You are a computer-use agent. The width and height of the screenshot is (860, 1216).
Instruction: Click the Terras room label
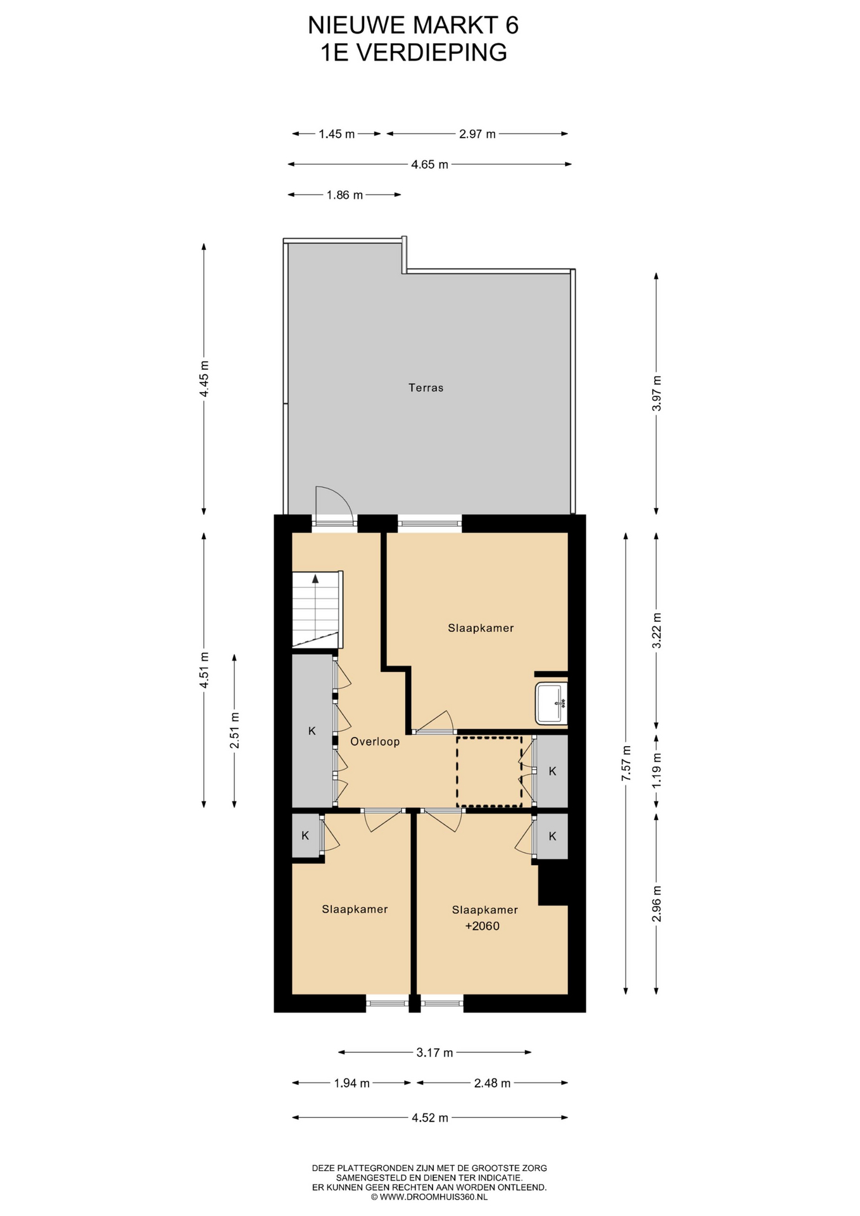[426, 388]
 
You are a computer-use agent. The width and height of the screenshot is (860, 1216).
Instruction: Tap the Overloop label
[375, 742]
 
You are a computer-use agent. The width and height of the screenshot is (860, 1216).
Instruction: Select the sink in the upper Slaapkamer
[551, 703]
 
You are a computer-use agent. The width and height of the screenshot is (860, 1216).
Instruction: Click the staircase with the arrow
[317, 610]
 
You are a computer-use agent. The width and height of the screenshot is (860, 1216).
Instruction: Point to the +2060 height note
[483, 926]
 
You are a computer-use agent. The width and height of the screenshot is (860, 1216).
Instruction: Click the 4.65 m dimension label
[429, 165]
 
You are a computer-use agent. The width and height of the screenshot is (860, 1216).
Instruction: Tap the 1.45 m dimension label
[337, 134]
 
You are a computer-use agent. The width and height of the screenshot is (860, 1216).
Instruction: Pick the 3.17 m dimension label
[434, 1053]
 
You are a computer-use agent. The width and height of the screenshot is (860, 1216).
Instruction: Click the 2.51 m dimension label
[234, 730]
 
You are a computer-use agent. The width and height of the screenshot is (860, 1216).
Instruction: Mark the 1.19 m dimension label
[657, 770]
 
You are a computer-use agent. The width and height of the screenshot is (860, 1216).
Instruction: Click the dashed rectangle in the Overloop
[490, 772]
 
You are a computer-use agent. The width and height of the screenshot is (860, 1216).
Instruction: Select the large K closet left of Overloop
[313, 731]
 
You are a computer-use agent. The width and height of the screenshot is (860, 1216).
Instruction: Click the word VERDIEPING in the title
[433, 53]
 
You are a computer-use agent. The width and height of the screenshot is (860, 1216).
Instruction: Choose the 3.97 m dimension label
[657, 393]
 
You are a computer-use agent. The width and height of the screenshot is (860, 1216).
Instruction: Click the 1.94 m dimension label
[351, 1083]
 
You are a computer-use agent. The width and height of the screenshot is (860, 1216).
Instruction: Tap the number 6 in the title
[512, 25]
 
